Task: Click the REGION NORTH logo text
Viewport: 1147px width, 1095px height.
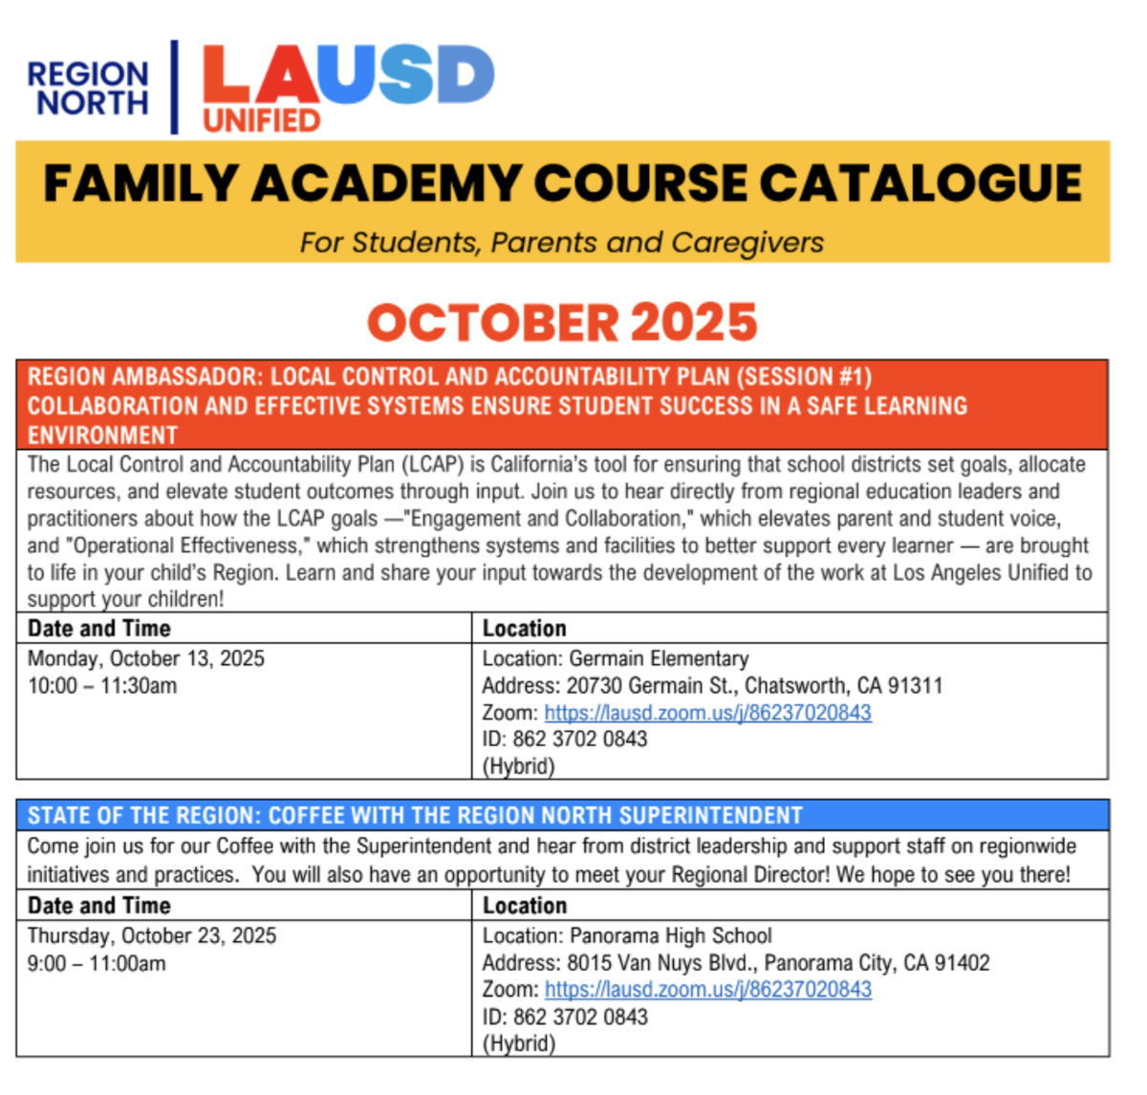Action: point(89,88)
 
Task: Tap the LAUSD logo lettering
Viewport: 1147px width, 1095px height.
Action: point(348,75)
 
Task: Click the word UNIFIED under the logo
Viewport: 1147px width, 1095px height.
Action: point(261,120)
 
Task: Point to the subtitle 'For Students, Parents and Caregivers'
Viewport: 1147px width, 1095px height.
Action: point(561,243)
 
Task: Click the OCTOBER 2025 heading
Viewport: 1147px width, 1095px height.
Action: point(562,323)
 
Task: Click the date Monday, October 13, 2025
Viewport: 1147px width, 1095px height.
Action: point(145,658)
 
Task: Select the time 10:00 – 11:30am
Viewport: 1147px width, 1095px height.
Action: point(101,685)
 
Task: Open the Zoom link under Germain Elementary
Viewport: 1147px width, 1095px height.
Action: point(707,712)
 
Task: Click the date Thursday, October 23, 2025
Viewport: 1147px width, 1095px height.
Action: point(151,935)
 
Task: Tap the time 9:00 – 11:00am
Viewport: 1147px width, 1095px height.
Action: point(96,963)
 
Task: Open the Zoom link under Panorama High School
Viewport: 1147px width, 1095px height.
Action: point(707,989)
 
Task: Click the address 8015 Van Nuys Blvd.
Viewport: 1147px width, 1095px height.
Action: point(735,962)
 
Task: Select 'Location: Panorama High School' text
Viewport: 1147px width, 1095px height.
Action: point(626,935)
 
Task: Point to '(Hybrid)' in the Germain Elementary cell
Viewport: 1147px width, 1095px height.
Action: point(518,765)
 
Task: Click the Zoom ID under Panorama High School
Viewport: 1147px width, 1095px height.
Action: point(564,1017)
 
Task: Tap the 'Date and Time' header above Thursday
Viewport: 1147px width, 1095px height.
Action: point(98,905)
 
